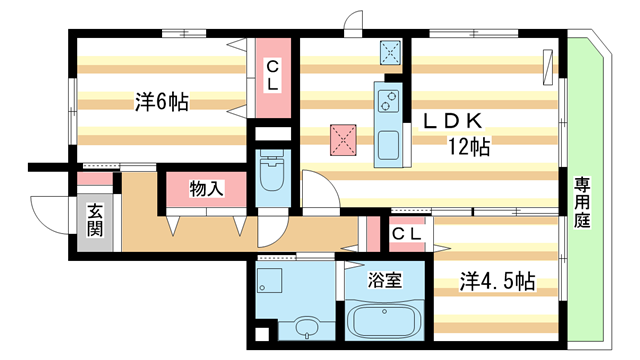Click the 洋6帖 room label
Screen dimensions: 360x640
tap(161, 101)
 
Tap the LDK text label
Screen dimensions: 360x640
tap(454, 121)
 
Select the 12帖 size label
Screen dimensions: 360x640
tap(467, 147)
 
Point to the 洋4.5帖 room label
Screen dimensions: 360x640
tap(497, 282)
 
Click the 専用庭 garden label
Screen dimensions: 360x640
tap(581, 202)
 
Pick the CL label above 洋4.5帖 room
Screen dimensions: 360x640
tap(405, 234)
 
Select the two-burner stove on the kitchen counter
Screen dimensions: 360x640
tap(387, 100)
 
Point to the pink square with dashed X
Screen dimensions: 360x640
tap(345, 140)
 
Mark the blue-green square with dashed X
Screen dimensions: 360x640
tap(389, 53)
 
